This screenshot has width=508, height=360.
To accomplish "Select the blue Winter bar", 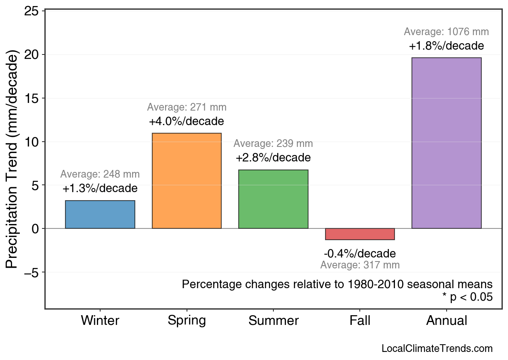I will pyautogui.click(x=100, y=214).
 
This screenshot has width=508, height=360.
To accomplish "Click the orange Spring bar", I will pyautogui.click(x=187, y=181).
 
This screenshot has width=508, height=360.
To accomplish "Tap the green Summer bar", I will pyautogui.click(x=273, y=199).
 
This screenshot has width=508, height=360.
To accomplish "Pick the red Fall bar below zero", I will pyautogui.click(x=360, y=234).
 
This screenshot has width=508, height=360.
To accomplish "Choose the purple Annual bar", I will pyautogui.click(x=446, y=143).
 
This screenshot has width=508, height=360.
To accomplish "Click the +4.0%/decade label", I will pyautogui.click(x=186, y=121).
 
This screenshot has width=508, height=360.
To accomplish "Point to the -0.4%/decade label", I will pyautogui.click(x=360, y=254).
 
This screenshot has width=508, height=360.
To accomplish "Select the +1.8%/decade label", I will pyautogui.click(x=446, y=46).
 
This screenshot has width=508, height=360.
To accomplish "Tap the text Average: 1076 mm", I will pyautogui.click(x=446, y=32).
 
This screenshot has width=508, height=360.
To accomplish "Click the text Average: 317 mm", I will pyautogui.click(x=360, y=265).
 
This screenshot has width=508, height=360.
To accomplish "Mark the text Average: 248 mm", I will pyautogui.click(x=100, y=174).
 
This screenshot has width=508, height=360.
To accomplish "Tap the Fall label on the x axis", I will pyautogui.click(x=360, y=320).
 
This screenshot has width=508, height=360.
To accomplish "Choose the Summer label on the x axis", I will pyautogui.click(x=273, y=320).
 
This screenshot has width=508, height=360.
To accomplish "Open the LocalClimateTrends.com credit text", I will pyautogui.click(x=437, y=349).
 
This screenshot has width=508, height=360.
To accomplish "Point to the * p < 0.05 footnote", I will pyautogui.click(x=467, y=297).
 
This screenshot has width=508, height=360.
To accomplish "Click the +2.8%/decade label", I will pyautogui.click(x=273, y=157).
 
